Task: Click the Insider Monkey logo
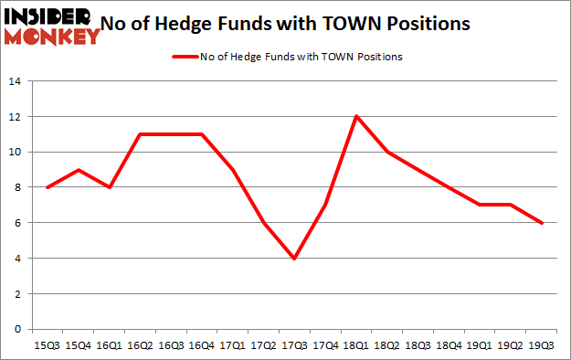click(51, 25)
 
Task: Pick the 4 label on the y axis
click(17, 259)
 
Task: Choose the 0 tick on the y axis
click(17, 329)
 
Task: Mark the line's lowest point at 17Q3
click(293, 259)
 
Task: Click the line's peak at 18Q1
click(355, 116)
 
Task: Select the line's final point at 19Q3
click(541, 223)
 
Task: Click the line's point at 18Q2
click(386, 152)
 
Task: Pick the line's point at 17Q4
click(324, 206)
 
